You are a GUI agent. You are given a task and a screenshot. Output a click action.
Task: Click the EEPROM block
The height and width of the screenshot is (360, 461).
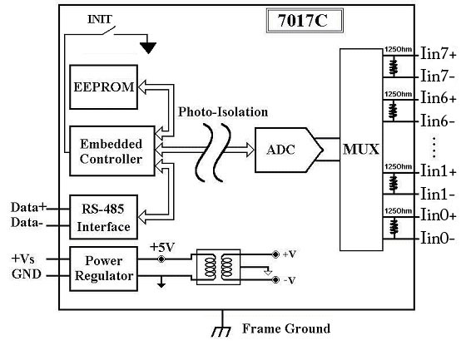(x=103, y=87)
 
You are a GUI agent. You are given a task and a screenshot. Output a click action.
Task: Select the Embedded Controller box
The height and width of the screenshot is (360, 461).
(x=112, y=151)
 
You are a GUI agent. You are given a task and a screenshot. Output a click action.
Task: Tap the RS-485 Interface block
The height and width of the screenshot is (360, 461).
(x=103, y=217)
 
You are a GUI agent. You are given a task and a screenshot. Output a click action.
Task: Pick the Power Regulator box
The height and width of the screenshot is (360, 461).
(x=103, y=269)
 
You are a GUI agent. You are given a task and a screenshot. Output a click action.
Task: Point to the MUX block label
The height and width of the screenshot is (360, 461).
(x=361, y=149)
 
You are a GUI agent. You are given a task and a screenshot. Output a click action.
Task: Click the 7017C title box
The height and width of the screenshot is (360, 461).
(x=305, y=21)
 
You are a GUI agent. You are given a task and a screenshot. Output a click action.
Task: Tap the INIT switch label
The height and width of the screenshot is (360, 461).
(x=100, y=19)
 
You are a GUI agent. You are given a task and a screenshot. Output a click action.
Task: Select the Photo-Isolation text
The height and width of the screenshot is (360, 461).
(x=223, y=112)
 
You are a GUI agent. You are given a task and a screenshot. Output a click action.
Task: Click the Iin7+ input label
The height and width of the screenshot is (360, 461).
(x=439, y=54)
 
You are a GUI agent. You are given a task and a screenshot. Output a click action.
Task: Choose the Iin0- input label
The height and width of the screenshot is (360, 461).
(x=438, y=238)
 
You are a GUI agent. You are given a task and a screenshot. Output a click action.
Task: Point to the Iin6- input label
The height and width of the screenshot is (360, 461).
(x=438, y=121)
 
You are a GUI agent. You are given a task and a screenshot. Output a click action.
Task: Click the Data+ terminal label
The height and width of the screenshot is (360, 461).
(x=29, y=207)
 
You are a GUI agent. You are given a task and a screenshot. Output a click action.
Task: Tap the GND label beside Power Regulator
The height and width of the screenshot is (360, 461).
(x=26, y=274)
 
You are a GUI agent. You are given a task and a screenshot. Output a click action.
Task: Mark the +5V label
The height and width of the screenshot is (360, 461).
(x=162, y=247)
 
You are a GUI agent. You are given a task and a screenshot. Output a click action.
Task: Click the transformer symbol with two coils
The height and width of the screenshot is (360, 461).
(x=219, y=267)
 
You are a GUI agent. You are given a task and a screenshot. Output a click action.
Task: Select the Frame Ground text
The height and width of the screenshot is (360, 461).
(x=286, y=328)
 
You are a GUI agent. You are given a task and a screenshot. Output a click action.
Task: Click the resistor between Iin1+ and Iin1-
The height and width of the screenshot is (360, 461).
(x=394, y=183)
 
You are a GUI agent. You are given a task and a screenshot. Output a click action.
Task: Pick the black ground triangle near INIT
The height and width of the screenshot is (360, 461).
(x=148, y=48)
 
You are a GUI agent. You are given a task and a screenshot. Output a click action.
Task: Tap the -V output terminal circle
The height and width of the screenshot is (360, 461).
(x=275, y=280)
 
